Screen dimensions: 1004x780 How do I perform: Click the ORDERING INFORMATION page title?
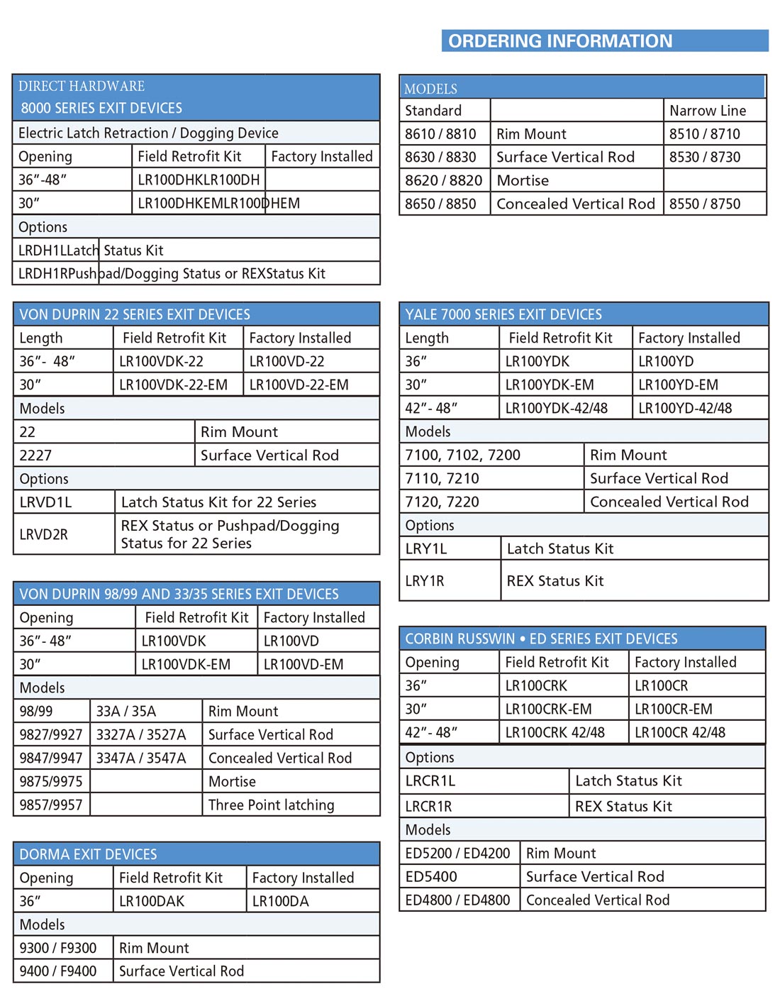click(x=560, y=41)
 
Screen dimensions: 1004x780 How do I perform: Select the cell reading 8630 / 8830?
click(x=440, y=158)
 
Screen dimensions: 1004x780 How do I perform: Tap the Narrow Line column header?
click(x=707, y=111)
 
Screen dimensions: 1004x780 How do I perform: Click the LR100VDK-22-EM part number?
click(x=173, y=385)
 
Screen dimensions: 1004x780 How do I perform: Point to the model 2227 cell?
click(x=35, y=456)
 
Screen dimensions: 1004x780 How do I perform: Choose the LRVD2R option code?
click(x=43, y=535)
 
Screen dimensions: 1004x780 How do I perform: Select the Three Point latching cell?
click(x=271, y=805)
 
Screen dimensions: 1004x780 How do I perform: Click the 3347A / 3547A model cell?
click(x=141, y=758)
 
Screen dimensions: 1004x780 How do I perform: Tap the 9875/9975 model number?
click(x=51, y=782)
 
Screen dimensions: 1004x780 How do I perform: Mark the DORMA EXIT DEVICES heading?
click(x=88, y=855)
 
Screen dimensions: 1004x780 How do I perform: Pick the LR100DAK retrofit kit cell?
click(x=152, y=902)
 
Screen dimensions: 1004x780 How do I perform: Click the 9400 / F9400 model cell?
click(x=58, y=971)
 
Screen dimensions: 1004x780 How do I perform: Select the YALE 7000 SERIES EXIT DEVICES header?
click(x=503, y=315)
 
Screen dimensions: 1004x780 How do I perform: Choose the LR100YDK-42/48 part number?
click(x=557, y=409)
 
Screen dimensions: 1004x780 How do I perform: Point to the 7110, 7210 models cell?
click(x=442, y=479)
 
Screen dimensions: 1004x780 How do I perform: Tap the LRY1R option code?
click(x=425, y=581)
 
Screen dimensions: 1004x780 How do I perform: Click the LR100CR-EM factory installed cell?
click(x=674, y=710)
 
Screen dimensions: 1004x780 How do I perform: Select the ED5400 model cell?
click(x=431, y=877)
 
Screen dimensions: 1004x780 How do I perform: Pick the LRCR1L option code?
click(x=430, y=781)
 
